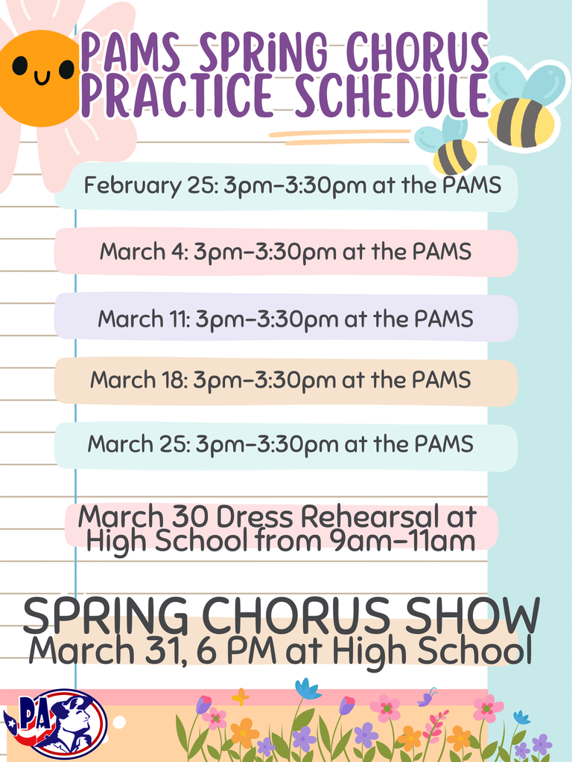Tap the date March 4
point(144,252)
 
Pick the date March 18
point(139,380)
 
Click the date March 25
point(140,444)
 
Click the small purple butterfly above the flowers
point(427,698)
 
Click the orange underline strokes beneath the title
point(339,136)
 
